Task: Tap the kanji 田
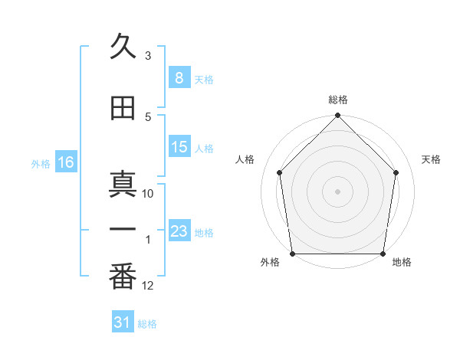point(123,108)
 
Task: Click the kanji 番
point(123,277)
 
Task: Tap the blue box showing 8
point(179,77)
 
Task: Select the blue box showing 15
point(179,147)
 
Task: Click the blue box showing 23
point(179,231)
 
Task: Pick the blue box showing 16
point(65,162)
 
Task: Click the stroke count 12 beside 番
point(148,286)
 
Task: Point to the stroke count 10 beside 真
point(148,194)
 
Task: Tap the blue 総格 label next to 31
point(147,324)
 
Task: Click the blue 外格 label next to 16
point(41,163)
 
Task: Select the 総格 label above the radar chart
point(337,100)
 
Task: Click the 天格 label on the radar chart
point(431,159)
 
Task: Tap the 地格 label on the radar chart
point(402,262)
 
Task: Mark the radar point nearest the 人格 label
point(279,172)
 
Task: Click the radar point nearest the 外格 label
point(292,254)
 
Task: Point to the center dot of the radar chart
point(337,191)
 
